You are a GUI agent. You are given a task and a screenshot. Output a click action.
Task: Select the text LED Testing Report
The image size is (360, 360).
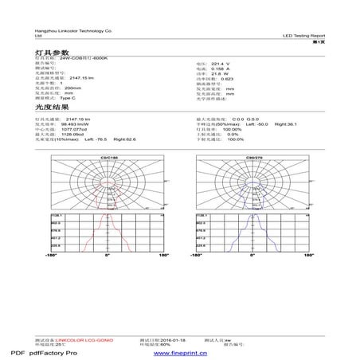[303, 36]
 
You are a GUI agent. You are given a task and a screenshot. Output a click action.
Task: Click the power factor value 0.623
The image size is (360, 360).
[227, 79]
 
